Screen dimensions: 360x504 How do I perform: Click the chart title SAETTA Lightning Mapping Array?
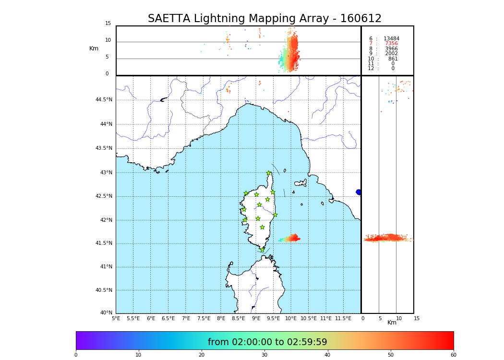click(x=264, y=19)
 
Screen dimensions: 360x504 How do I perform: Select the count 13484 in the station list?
click(x=391, y=39)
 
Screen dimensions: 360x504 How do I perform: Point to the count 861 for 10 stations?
click(x=393, y=59)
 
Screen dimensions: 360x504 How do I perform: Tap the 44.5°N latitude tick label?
click(x=104, y=100)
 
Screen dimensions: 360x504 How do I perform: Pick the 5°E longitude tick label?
click(x=116, y=318)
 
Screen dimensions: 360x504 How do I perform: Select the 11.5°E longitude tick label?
click(x=343, y=318)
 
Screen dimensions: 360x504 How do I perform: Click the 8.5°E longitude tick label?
click(x=239, y=318)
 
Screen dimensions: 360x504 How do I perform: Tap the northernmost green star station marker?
click(x=269, y=173)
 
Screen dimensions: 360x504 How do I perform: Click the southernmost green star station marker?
click(x=262, y=250)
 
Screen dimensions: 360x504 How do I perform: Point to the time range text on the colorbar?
click(x=267, y=342)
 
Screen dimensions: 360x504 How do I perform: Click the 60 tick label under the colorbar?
click(x=453, y=355)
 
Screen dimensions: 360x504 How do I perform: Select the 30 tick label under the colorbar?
click(x=264, y=355)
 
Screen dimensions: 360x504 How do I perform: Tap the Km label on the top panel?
click(x=94, y=48)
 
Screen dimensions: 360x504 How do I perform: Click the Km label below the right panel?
click(x=392, y=323)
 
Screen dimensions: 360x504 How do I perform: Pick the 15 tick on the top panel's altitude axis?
click(x=108, y=24)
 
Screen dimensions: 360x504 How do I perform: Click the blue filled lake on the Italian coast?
click(x=359, y=192)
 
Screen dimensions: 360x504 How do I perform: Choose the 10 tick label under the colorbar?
click(x=138, y=355)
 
